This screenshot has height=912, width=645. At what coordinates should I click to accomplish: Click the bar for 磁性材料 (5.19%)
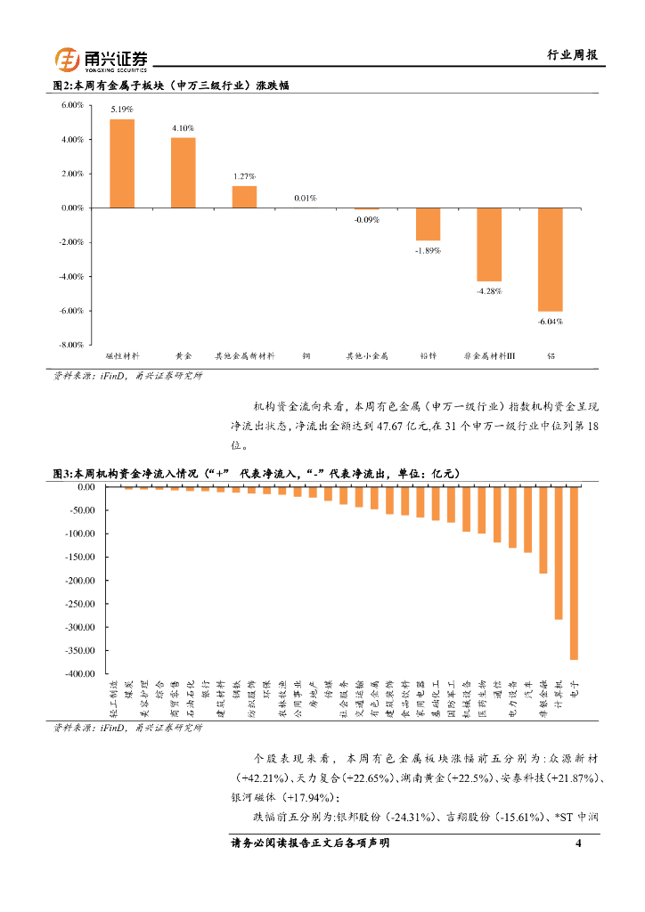point(122,163)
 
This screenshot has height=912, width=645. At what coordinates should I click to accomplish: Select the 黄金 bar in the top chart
point(184,172)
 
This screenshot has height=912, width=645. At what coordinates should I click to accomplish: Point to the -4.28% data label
point(489,291)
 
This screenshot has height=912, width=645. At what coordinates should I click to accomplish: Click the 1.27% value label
point(244,176)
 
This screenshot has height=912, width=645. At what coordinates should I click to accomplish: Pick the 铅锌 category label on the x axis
point(428,356)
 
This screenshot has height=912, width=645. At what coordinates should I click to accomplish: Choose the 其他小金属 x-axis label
point(367,356)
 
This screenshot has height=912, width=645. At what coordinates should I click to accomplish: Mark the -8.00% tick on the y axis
point(71,345)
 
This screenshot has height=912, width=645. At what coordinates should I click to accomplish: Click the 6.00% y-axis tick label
point(71,105)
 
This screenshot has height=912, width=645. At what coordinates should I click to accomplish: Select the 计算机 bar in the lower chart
point(559,553)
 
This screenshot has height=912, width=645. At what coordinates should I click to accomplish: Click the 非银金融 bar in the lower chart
point(543,530)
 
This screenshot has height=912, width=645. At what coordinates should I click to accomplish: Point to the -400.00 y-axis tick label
point(78,673)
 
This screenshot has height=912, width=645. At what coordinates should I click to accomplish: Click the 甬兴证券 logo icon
point(69,60)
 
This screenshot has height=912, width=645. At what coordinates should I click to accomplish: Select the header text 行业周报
point(571,55)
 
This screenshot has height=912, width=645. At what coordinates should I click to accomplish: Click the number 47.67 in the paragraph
point(384,426)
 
